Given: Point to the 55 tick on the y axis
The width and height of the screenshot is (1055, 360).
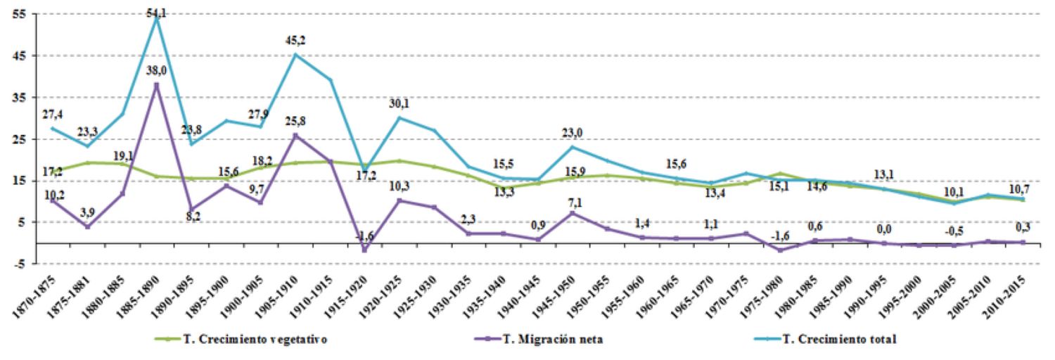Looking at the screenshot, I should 12,14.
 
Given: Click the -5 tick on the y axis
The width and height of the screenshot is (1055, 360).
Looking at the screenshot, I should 12,264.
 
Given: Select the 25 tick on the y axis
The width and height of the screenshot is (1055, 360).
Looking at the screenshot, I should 12,139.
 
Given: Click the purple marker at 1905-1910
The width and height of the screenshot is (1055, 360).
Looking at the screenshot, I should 295,136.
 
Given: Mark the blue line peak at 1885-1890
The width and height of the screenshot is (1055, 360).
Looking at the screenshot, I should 156,17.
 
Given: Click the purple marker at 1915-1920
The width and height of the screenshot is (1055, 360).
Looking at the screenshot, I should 365,250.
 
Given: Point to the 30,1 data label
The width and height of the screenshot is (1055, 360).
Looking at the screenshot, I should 400,103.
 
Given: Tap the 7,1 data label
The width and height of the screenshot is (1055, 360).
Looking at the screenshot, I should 575,203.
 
